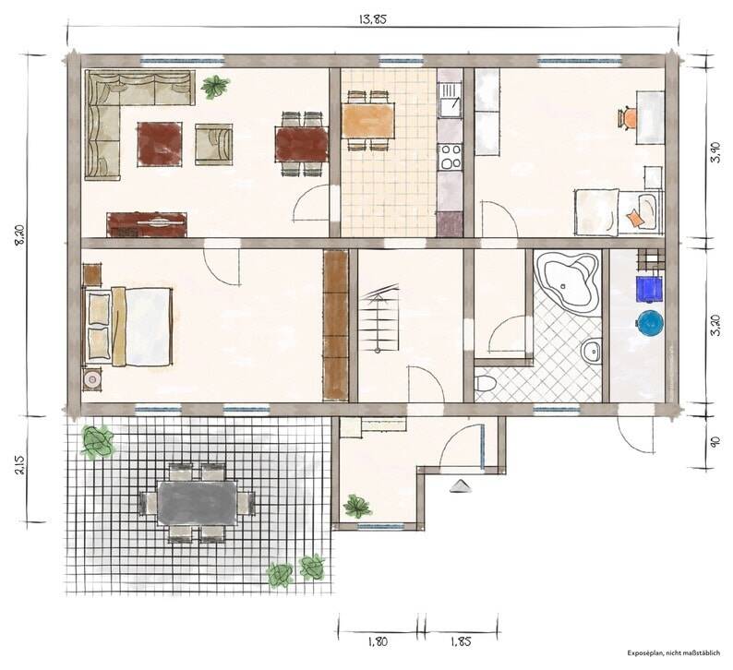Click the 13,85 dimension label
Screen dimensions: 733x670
click(x=373, y=19)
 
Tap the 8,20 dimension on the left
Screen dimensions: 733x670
click(x=20, y=235)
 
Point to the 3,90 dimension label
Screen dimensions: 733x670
click(x=715, y=151)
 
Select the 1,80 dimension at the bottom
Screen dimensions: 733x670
click(x=378, y=641)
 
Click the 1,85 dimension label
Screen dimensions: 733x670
click(x=461, y=641)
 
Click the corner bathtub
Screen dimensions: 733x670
click(x=568, y=281)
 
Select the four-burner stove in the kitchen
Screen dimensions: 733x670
click(x=450, y=157)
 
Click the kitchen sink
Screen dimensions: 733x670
click(x=450, y=101)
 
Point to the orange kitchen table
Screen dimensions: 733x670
click(x=368, y=121)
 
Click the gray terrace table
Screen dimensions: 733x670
click(x=198, y=503)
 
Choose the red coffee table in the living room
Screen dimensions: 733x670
click(x=160, y=144)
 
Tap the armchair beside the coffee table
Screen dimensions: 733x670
click(x=213, y=144)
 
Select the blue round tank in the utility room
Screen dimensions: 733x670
click(x=650, y=322)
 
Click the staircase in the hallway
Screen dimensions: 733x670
click(x=379, y=318)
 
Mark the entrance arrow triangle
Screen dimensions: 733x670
click(x=461, y=486)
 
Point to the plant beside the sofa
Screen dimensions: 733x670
click(x=215, y=87)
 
